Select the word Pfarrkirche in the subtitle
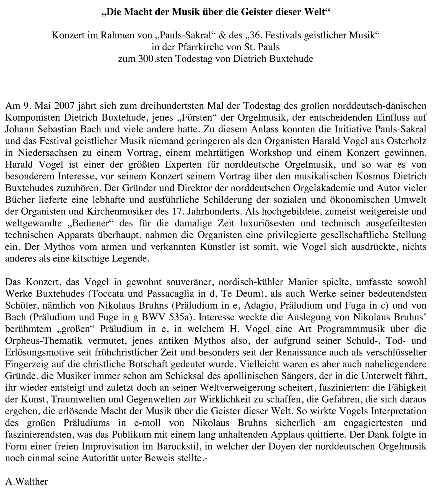coord(200,47)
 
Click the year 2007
coord(64,106)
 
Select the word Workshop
coord(270,153)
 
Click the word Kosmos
coord(366,176)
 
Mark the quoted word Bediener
coord(89,223)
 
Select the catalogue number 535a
coord(180,317)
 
